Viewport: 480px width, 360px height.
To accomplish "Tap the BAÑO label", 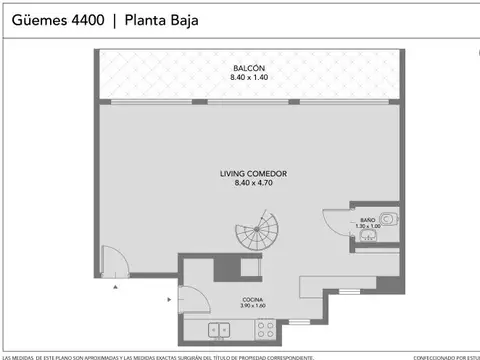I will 367,218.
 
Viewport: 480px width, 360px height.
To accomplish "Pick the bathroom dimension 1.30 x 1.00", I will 367,226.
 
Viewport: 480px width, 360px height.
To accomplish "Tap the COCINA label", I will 252,298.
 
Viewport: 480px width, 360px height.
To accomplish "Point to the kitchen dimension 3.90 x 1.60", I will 252,306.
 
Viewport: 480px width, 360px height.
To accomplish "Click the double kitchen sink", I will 220,329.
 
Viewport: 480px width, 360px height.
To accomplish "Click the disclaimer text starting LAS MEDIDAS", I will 160,356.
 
